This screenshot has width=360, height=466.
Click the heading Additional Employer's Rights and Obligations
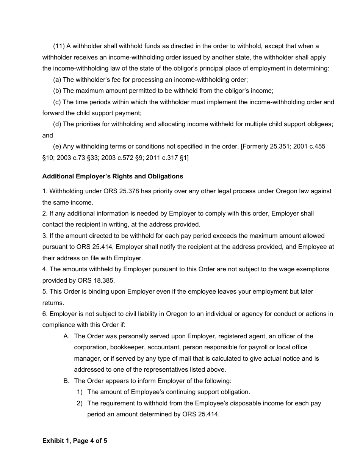pos(113,176)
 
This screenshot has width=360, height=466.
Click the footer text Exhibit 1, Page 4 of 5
pos(75,441)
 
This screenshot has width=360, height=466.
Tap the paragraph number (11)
pos(59,46)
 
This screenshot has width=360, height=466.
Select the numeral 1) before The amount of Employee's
pos(80,392)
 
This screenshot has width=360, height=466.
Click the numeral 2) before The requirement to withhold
pos(80,403)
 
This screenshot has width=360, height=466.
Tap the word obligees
pos(321,124)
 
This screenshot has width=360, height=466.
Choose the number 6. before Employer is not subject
pos(45,314)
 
